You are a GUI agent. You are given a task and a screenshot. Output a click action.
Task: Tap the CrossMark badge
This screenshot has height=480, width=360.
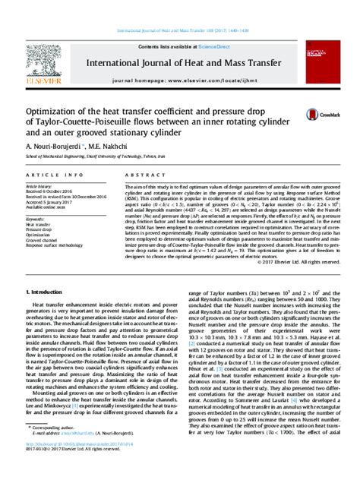314,114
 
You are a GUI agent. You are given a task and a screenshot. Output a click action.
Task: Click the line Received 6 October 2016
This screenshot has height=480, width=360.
53,191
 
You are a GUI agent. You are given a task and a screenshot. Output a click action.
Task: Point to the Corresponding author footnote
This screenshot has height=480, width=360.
58,449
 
